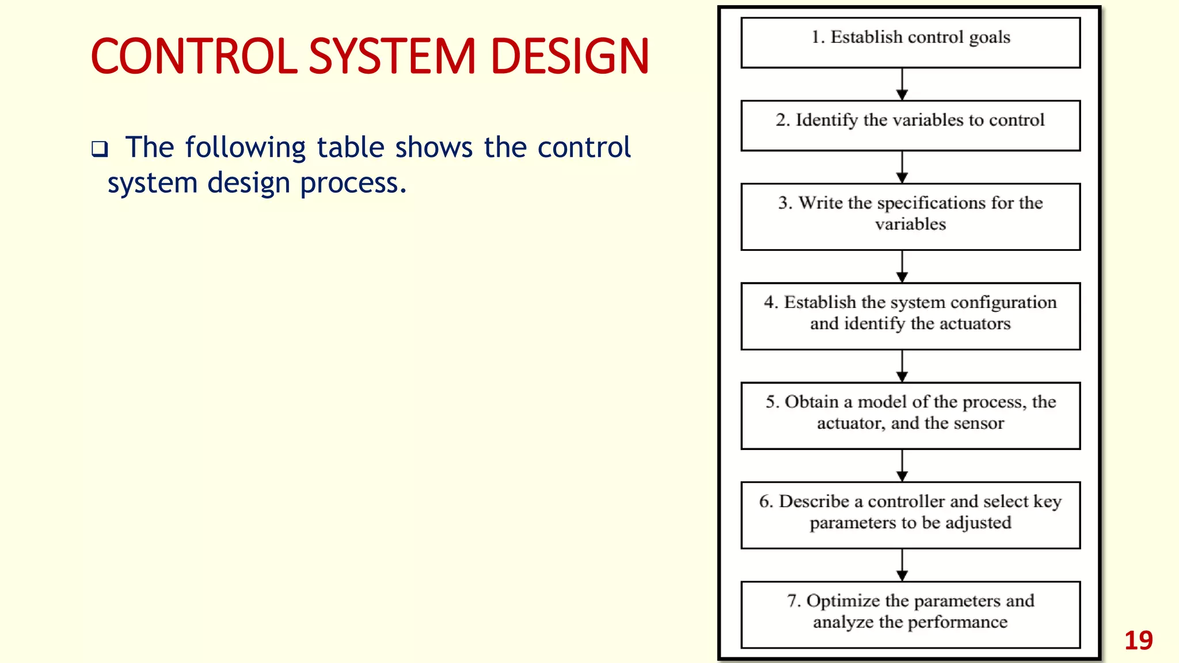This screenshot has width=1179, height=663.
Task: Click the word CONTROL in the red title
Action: coord(194,56)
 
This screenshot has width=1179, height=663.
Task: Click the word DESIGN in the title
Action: coord(569,56)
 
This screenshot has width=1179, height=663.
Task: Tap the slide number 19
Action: coord(1138,641)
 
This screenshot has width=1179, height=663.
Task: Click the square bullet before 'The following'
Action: coord(100,150)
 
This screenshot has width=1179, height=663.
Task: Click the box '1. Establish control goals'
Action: coord(910,43)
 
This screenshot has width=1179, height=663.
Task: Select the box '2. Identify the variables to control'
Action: coord(910,125)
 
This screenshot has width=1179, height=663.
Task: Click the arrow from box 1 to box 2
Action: coord(902,85)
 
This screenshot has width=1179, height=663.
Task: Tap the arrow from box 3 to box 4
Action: coord(902,266)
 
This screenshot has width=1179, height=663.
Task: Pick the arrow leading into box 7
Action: coord(902,565)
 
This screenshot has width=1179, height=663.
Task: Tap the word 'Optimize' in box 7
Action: coord(843,601)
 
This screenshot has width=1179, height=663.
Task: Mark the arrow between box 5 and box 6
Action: coord(902,466)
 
